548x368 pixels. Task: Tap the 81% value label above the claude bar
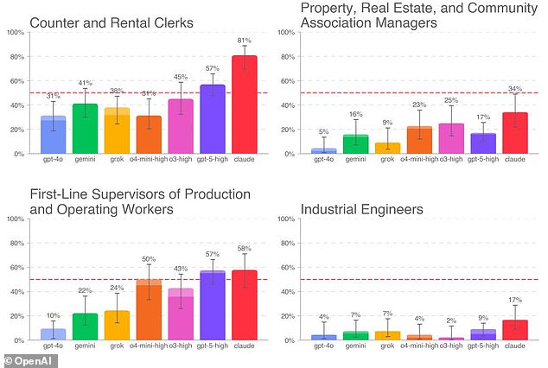pyautogui.click(x=245, y=41)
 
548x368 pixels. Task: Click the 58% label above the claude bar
pyautogui.click(x=245, y=249)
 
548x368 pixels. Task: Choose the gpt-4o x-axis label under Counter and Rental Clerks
pyautogui.click(x=52, y=162)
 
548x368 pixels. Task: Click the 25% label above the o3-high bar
pyautogui.click(x=450, y=100)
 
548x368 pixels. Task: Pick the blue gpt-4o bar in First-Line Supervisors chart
pyautogui.click(x=52, y=334)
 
